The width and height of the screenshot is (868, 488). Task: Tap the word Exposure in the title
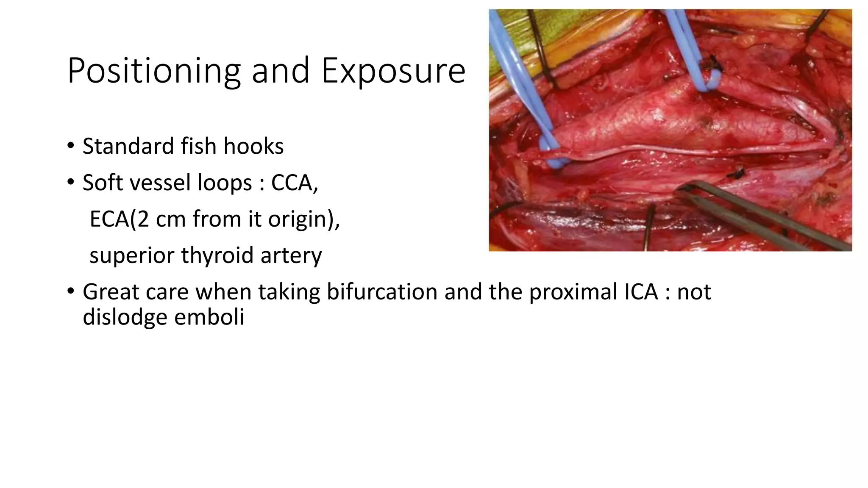click(393, 71)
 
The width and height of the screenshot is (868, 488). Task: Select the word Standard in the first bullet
click(128, 146)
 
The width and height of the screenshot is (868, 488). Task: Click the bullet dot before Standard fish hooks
click(70, 146)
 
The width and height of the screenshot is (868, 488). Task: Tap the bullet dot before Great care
click(70, 292)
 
